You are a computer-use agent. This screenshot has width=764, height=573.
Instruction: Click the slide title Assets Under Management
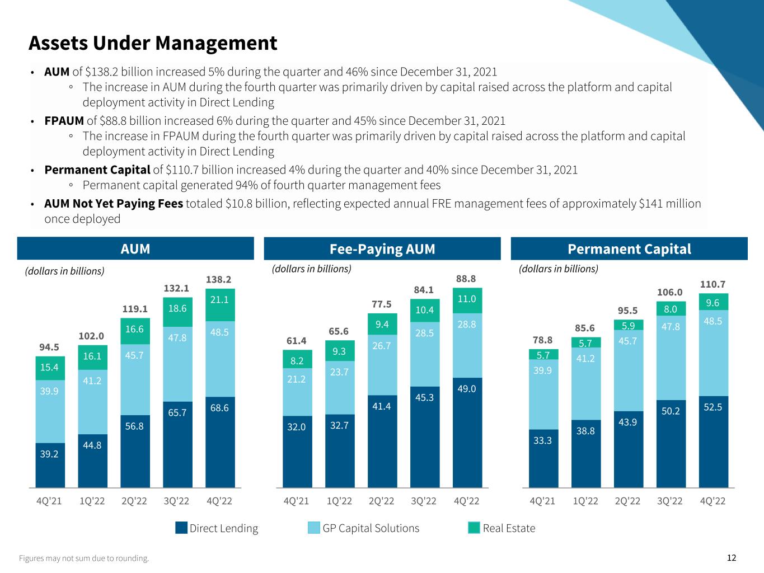tap(152, 43)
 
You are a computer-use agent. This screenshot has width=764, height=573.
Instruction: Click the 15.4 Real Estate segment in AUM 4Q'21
tap(50, 368)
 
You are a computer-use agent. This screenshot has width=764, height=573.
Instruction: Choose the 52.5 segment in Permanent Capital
tap(713, 442)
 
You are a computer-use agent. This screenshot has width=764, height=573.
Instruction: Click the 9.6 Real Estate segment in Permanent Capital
tap(713, 302)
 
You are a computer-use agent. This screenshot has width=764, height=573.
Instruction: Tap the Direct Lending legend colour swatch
tap(181, 528)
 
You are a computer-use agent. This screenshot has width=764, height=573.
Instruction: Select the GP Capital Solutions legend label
tap(371, 528)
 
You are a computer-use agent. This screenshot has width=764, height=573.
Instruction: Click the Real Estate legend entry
tap(509, 528)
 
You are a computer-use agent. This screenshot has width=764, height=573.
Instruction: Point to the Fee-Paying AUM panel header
tap(382, 249)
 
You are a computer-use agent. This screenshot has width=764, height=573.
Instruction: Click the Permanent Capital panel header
tap(629, 249)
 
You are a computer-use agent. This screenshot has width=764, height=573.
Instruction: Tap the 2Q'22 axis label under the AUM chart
tap(135, 501)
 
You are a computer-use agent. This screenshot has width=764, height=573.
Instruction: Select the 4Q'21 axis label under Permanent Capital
tap(542, 501)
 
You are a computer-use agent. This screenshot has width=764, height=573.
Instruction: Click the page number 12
tap(732, 557)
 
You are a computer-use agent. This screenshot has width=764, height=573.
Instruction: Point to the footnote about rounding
tap(84, 558)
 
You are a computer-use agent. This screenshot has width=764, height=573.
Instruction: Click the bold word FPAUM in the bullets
tap(64, 121)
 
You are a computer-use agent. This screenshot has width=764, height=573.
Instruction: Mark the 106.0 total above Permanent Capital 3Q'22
tap(670, 292)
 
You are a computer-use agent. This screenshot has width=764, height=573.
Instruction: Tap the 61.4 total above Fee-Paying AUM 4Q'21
tap(297, 340)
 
